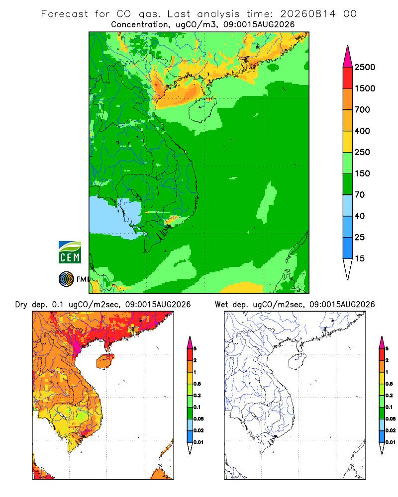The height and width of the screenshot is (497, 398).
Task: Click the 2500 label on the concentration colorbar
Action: [x=365, y=67]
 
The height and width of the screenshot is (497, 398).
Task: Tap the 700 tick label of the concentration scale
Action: [x=362, y=110]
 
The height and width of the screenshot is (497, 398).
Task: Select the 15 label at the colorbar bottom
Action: [x=360, y=258]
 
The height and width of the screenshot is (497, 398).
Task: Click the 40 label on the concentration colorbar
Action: [x=360, y=216]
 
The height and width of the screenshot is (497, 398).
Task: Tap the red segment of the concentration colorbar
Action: [x=348, y=78]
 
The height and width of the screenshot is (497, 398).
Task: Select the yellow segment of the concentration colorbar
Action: [x=348, y=142]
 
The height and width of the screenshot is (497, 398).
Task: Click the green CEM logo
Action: [x=70, y=252]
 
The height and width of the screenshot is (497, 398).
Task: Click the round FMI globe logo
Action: [x=66, y=279]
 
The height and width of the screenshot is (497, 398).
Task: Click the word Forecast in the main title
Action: [x=65, y=14]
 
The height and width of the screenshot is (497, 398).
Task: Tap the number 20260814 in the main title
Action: [x=307, y=14]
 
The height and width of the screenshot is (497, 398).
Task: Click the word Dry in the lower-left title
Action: [x=21, y=305]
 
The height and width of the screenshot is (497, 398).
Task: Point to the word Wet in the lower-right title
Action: [x=221, y=305]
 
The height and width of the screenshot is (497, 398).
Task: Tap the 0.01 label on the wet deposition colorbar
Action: [x=391, y=442]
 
